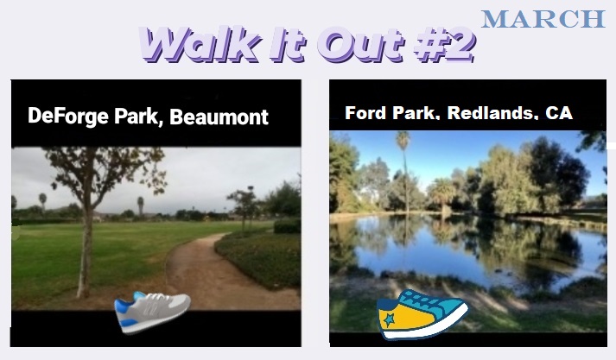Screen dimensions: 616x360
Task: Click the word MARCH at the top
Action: pyautogui.click(x=543, y=19)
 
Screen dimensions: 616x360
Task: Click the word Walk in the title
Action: pyautogui.click(x=200, y=44)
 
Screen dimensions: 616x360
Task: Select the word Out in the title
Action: pyautogui.click(x=360, y=44)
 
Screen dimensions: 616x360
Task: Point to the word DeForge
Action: pyautogui.click(x=68, y=117)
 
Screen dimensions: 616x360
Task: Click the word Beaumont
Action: pyautogui.click(x=219, y=117)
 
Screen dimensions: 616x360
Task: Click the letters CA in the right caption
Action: pyautogui.click(x=559, y=113)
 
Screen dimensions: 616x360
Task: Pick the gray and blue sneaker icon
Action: pyautogui.click(x=152, y=313)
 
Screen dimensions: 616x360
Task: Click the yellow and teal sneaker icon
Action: pyautogui.click(x=422, y=314)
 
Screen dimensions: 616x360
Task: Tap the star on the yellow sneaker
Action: pyautogui.click(x=390, y=320)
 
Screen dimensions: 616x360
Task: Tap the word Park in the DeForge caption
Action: pyautogui.click(x=138, y=117)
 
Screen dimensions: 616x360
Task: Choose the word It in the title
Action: pyautogui.click(x=288, y=44)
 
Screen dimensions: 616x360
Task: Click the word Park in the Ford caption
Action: pyautogui.click(x=416, y=113)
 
